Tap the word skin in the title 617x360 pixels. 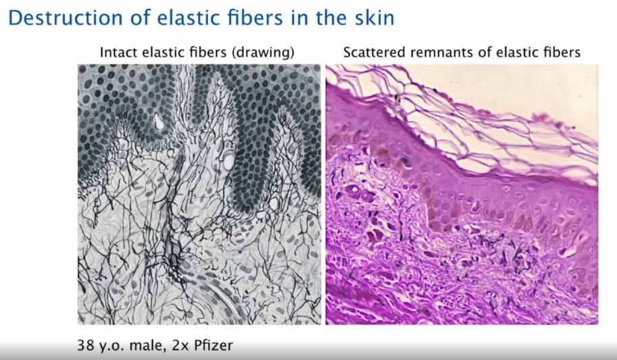click(x=374, y=18)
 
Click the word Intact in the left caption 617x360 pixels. click(x=116, y=53)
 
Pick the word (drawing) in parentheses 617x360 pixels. click(x=265, y=53)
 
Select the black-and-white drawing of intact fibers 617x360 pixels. click(x=199, y=195)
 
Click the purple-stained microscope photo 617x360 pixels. click(x=462, y=195)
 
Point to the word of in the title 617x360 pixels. click(x=134, y=18)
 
